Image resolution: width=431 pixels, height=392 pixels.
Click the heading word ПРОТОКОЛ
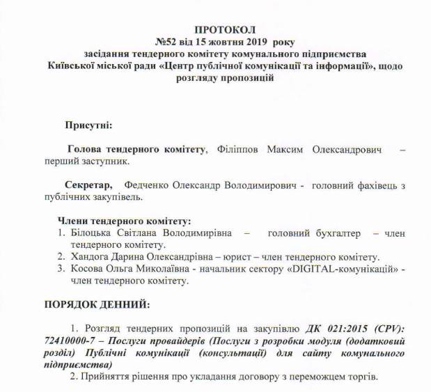[x=225, y=30]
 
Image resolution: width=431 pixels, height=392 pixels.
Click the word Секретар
[x=88, y=186]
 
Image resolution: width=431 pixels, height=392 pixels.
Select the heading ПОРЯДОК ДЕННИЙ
[x=96, y=305]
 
